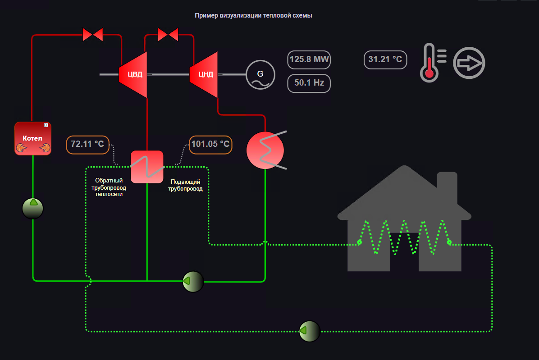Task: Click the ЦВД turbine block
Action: point(133,74)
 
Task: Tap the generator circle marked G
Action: point(260,74)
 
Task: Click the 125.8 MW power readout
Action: point(309,59)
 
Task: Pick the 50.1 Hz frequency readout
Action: point(309,83)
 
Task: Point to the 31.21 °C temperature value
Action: point(385,59)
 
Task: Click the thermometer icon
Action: point(429,63)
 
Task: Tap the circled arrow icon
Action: point(469,63)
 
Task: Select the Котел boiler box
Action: point(33,138)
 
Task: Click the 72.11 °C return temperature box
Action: point(87,145)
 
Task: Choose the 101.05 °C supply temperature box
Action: point(210,145)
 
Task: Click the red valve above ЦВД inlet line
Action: point(93,35)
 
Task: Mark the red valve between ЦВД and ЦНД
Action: point(168,35)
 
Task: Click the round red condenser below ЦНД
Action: point(265,150)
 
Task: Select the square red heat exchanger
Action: point(147,167)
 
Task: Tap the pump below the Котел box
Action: point(33,209)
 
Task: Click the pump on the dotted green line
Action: point(310,331)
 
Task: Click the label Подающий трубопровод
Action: point(185,185)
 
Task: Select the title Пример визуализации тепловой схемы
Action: point(253,15)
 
